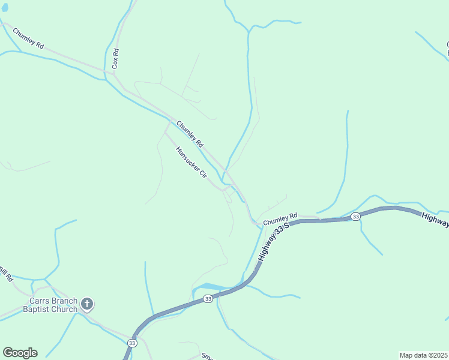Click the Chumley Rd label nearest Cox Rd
click(28, 38)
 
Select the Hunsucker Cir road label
click(191, 162)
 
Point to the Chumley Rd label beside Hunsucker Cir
click(190, 134)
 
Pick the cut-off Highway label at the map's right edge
click(435, 220)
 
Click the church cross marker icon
click(87, 304)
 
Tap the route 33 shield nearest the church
click(132, 343)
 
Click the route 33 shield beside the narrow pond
click(208, 299)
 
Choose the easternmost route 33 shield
click(356, 216)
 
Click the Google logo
click(20, 353)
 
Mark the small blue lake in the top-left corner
click(5, 8)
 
